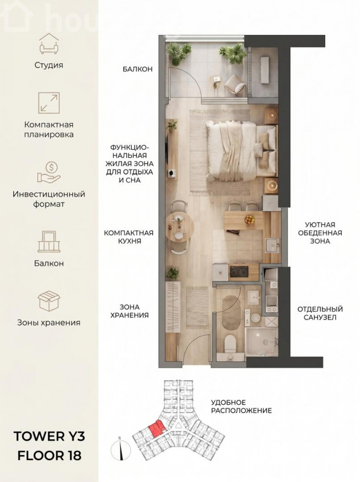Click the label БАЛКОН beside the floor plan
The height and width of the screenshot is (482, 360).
pos(138,69)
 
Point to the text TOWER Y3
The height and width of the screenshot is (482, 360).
pos(49,436)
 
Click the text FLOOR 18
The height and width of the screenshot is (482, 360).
pos(49,456)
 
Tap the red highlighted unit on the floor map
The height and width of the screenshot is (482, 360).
pos(155,428)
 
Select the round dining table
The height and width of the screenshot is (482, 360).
pos(179,227)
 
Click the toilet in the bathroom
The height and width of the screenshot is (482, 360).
pos(230,344)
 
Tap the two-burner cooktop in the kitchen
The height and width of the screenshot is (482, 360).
pos(239,272)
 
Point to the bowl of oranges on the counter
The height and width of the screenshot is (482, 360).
pos(250,220)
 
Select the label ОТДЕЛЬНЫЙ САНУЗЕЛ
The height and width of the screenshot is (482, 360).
pos(320,313)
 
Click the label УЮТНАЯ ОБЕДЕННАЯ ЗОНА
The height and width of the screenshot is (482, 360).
pos(320,233)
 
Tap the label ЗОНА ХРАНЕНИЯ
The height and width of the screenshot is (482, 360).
pos(130,311)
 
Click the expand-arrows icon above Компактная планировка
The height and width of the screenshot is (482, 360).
pos(49,103)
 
